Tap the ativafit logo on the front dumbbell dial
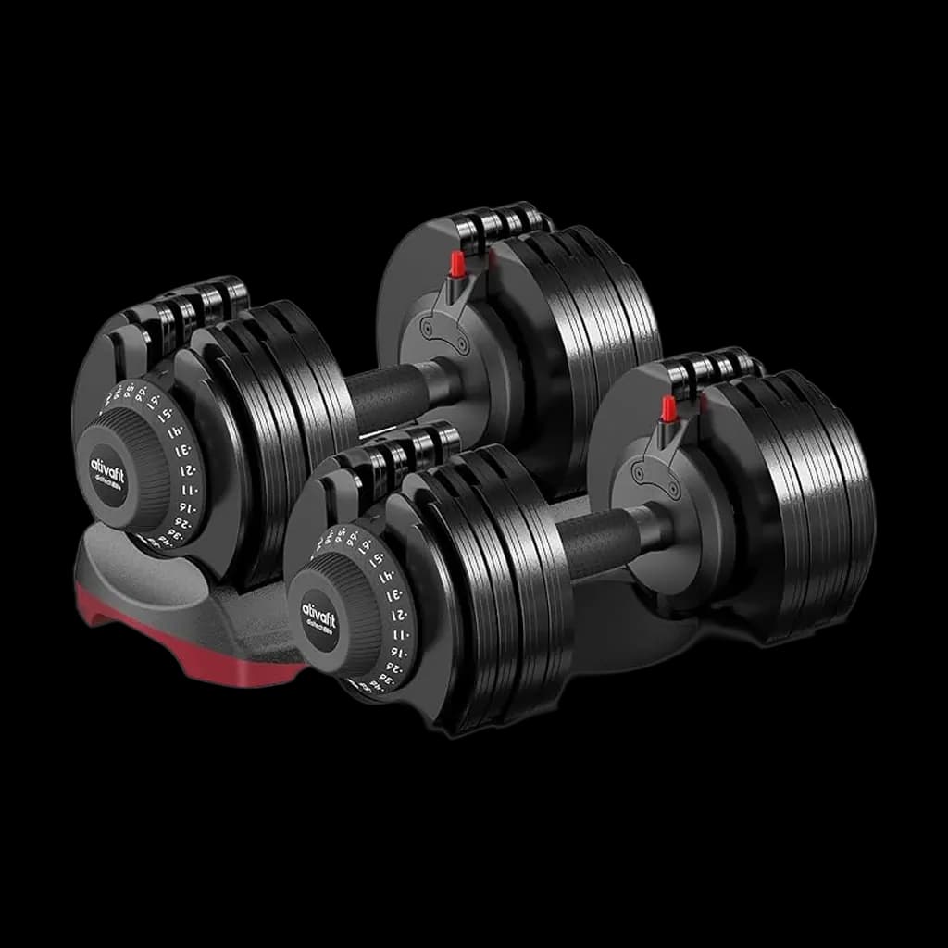click(x=319, y=617)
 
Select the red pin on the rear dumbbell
click(x=456, y=265)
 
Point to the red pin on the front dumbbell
click(x=667, y=408)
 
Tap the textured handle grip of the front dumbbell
click(x=597, y=542)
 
